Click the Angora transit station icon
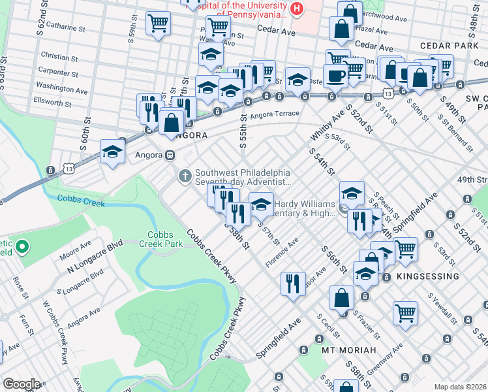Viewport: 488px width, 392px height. (170, 155)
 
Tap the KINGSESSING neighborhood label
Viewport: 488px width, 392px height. (427, 276)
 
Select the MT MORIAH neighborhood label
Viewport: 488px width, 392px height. (350, 350)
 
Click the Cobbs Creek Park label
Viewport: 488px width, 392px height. (164, 239)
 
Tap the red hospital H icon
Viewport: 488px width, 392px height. (297, 8)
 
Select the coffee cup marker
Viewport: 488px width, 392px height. (336, 74)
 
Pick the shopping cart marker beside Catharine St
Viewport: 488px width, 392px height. (159, 24)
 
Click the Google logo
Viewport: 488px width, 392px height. (22, 384)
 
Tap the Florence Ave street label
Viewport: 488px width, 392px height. (282, 252)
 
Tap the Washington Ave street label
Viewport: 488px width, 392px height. (62, 88)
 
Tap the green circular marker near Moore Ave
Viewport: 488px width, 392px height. (22, 247)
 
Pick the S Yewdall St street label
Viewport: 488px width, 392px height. (441, 306)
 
